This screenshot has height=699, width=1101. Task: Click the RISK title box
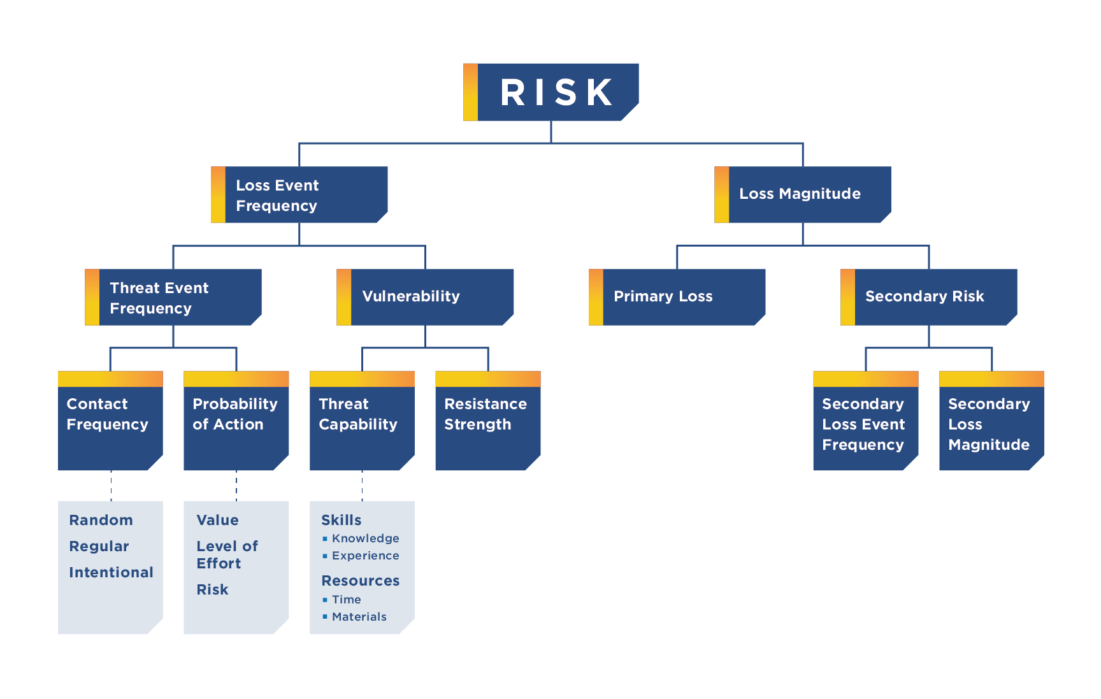click(557, 92)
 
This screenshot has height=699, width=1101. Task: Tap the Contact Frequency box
click(110, 427)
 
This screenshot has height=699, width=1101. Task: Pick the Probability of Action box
click(236, 427)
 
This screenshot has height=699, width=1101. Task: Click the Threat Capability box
click(362, 427)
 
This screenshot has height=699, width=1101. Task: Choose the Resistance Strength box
click(487, 427)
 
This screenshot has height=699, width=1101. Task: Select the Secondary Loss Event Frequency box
click(865, 427)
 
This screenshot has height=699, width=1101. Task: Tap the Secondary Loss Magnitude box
click(991, 427)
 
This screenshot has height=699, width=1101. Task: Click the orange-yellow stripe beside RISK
click(470, 92)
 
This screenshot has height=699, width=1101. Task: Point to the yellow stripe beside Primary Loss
click(596, 297)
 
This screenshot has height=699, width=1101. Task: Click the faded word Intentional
click(111, 572)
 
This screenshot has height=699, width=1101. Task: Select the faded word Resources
click(361, 580)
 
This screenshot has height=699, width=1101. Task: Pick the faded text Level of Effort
click(227, 555)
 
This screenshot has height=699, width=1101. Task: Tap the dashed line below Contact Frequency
click(111, 486)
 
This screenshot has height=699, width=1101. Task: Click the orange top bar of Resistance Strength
click(487, 379)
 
